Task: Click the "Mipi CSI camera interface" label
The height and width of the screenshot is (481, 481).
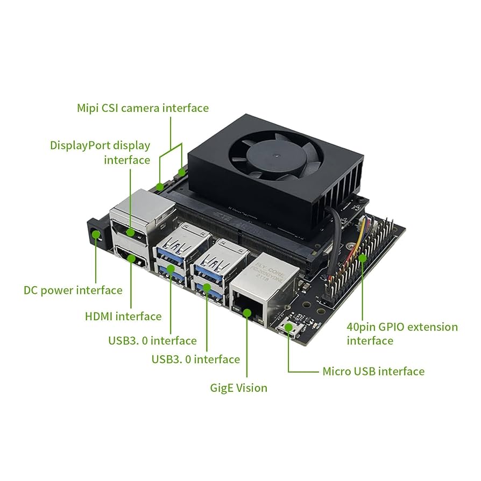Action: tap(143, 108)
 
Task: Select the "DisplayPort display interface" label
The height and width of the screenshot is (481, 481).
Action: tap(100, 152)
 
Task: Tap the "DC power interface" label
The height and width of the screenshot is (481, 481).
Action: tap(73, 290)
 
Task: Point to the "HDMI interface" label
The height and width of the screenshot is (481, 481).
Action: tap(123, 316)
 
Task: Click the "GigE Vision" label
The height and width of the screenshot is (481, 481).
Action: tap(238, 387)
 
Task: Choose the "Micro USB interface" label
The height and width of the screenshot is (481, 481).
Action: tap(373, 371)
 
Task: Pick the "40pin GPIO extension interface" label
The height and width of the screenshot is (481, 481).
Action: tap(402, 334)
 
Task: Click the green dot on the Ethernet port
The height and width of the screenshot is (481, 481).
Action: tap(246, 312)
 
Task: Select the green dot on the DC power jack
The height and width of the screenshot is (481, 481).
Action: tap(96, 235)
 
